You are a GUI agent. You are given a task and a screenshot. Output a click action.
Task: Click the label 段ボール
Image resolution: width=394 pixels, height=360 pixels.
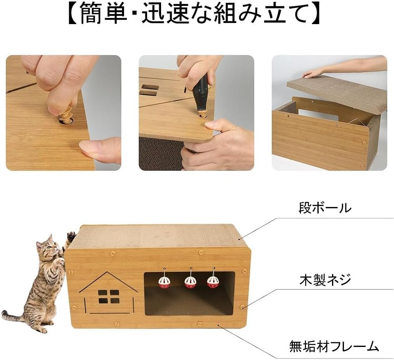tap(325, 208)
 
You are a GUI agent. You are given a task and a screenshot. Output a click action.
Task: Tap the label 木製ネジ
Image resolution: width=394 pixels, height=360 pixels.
tap(325, 280)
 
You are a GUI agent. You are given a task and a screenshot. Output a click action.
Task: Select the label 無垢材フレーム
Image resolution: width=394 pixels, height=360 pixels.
tap(334, 346)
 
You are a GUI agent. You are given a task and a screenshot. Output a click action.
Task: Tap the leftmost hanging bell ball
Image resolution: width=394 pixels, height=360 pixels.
tap(163, 282)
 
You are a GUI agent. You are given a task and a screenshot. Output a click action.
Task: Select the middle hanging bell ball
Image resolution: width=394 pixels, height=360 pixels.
tap(190, 282)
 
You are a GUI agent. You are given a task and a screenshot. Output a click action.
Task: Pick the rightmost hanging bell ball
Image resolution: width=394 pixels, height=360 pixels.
tap(212, 282)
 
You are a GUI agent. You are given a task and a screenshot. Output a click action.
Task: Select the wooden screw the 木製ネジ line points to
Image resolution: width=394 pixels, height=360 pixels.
tap(242, 307)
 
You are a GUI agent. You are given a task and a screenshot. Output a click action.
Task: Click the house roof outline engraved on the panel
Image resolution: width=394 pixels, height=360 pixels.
tap(109, 282)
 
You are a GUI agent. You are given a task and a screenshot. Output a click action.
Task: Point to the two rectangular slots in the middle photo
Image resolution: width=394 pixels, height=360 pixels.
tap(150, 90)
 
